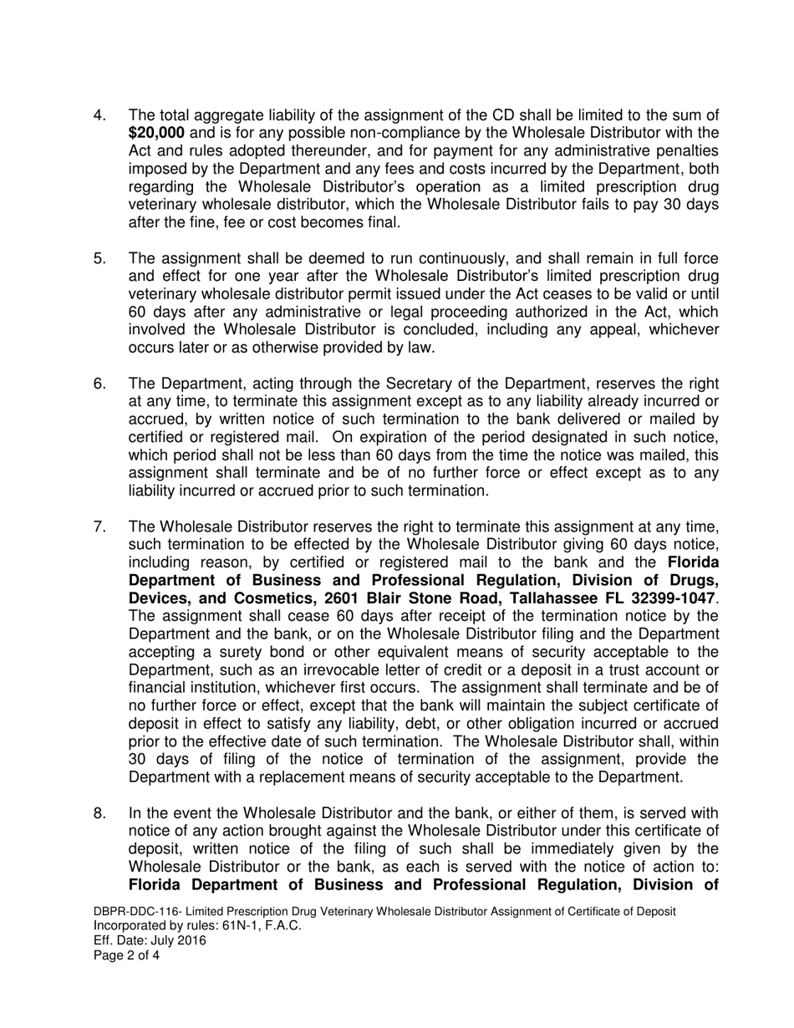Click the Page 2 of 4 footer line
coord(126,954)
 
